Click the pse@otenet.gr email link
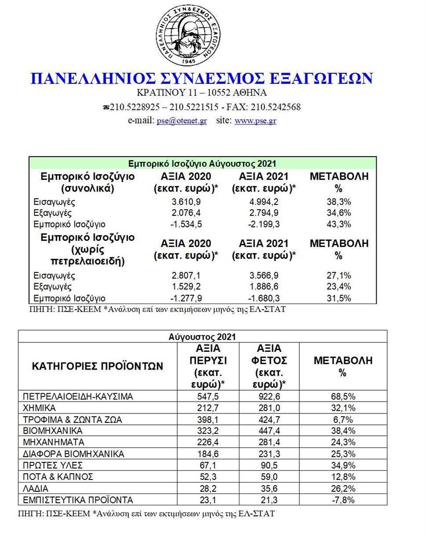click(182, 120)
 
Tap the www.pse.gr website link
click(255, 120)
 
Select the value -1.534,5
click(186, 224)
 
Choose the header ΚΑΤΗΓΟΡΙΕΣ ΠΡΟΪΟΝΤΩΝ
click(97, 366)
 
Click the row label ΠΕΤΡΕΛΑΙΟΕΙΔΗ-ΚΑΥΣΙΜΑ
click(78, 396)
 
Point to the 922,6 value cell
click(270, 396)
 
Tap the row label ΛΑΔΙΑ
click(36, 489)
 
